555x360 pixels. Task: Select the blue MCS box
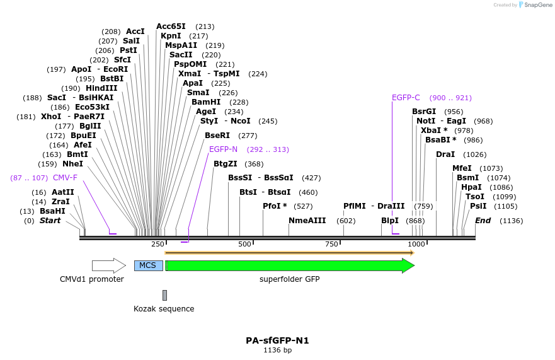coord(148,265)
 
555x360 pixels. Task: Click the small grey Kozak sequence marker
coord(164,295)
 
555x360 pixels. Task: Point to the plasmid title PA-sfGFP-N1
coord(277,340)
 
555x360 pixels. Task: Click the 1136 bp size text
coord(277,350)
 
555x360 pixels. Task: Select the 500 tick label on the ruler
coord(244,244)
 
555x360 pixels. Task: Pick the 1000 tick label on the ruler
coord(416,244)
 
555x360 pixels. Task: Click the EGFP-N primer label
coord(223,149)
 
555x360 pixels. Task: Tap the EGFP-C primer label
coord(406,98)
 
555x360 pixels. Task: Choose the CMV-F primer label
coord(65,178)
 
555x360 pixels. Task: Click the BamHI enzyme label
coord(206,102)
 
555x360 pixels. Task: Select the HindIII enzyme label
coord(101,88)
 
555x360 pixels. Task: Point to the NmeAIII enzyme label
coord(307,221)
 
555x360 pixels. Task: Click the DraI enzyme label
coord(445,154)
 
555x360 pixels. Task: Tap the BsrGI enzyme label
coord(424,112)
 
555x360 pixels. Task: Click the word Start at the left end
coord(50,221)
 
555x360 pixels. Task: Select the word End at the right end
coord(483,221)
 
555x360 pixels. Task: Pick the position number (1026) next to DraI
coord(474,154)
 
